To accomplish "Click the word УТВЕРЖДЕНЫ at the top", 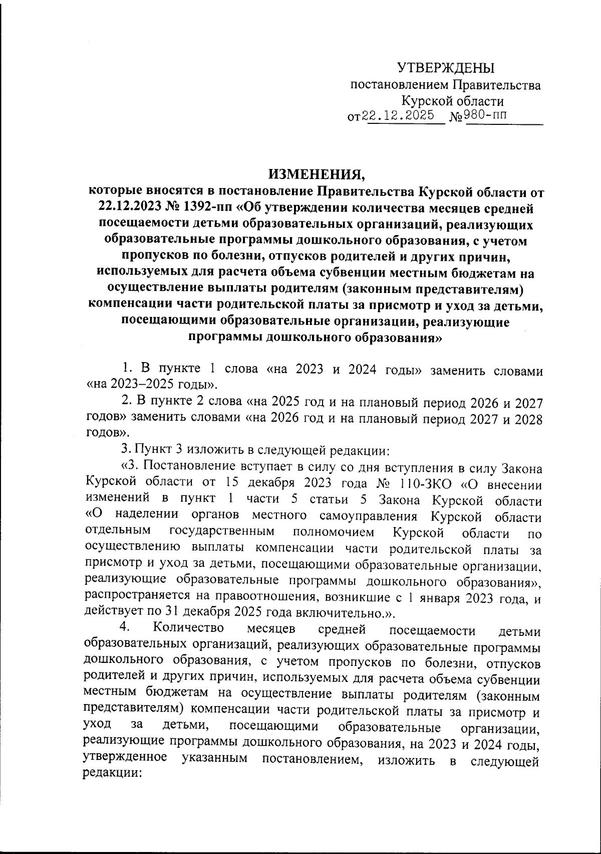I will (445, 68).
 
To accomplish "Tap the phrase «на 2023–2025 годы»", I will (152, 385).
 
